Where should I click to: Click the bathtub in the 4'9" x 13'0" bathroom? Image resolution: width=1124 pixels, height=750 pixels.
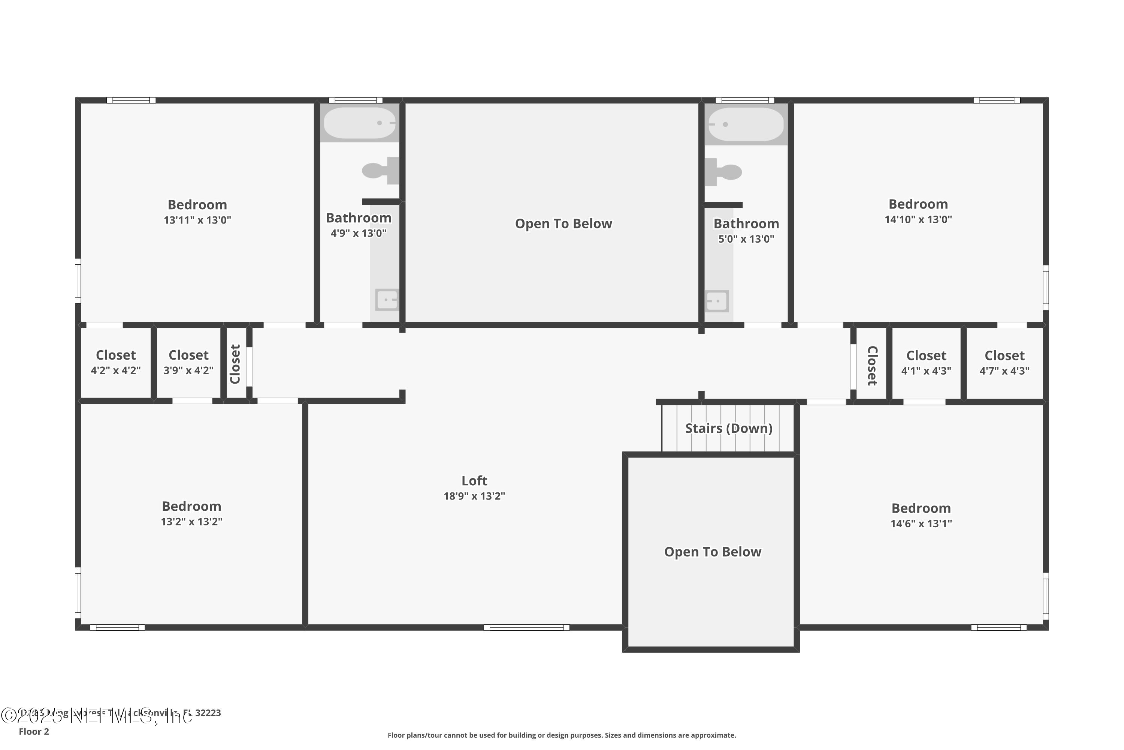[359, 123]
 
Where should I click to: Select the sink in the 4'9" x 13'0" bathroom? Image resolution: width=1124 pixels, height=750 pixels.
[386, 300]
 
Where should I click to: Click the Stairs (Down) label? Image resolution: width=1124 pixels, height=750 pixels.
[728, 428]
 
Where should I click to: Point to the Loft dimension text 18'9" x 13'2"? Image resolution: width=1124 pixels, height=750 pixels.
[474, 496]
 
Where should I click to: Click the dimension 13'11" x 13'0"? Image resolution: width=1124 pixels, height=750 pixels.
[197, 220]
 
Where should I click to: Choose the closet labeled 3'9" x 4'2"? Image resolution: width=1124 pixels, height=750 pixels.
[188, 363]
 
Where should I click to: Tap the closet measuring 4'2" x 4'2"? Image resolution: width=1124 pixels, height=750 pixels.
[116, 363]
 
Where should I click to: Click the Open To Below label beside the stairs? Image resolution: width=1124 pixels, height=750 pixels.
[712, 552]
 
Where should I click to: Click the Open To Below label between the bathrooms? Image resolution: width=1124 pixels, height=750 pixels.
[563, 223]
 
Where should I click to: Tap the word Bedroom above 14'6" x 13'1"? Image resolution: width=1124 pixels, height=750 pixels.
[921, 508]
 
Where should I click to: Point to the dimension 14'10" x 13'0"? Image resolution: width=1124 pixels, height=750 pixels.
[918, 219]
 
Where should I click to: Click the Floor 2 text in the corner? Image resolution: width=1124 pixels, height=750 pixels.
[34, 731]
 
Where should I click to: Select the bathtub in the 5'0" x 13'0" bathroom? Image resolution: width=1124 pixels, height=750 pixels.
[746, 124]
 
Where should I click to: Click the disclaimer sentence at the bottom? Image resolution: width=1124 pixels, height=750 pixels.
[562, 735]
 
